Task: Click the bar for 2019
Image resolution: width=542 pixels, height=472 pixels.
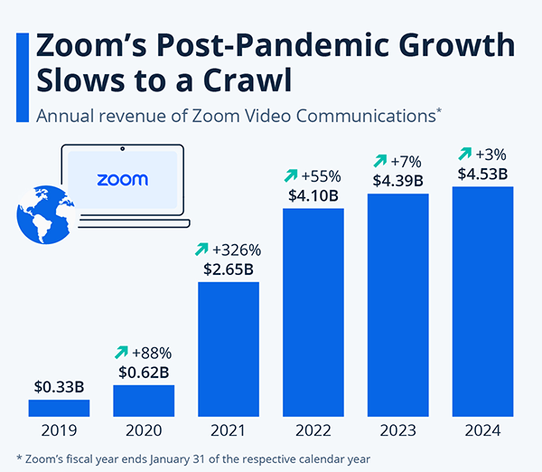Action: coord(59,408)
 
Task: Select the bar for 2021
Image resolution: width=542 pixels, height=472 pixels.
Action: coord(229,349)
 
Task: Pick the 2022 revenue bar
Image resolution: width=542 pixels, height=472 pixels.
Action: coord(313,312)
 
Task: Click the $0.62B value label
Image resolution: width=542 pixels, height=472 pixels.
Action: coord(144,372)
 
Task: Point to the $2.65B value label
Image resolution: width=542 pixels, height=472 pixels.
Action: coord(229,269)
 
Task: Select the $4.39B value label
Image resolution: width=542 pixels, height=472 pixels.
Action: coord(397,180)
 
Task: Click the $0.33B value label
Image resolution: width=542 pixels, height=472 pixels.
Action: coord(59,386)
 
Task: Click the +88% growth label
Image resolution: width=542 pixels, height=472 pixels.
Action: coord(152,352)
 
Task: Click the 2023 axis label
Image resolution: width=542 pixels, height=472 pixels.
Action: coord(397,431)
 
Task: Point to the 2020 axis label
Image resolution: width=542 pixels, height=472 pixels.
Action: coord(144,431)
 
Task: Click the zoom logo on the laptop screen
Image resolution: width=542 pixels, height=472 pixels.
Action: coord(122,179)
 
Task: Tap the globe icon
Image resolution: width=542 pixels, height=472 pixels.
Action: coord(45,213)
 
